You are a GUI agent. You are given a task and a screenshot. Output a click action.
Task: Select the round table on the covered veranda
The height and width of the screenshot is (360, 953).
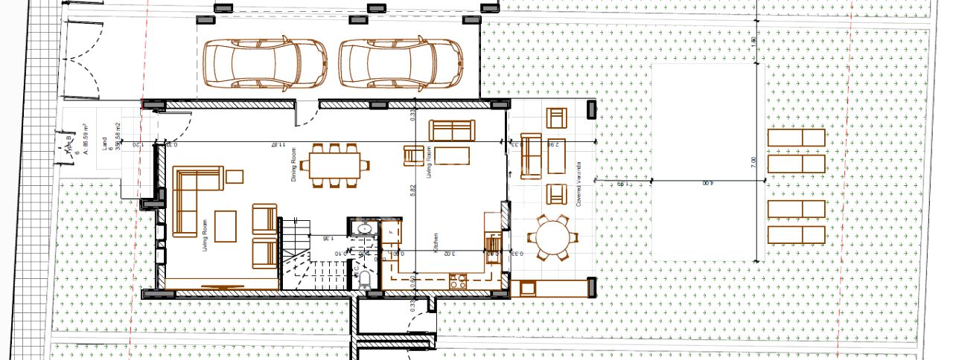point(552,238)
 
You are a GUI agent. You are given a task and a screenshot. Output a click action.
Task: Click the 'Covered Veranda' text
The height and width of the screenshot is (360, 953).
point(579,182)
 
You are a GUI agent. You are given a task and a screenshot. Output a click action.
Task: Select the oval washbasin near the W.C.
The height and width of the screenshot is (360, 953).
point(364,228)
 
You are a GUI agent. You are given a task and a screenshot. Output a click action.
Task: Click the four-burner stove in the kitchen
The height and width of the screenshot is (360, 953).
point(458,281)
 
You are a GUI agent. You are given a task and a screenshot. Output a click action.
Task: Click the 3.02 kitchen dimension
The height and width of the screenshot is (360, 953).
point(449,254)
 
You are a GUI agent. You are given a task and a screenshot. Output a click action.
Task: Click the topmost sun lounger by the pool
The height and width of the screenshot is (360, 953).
point(797,138)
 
